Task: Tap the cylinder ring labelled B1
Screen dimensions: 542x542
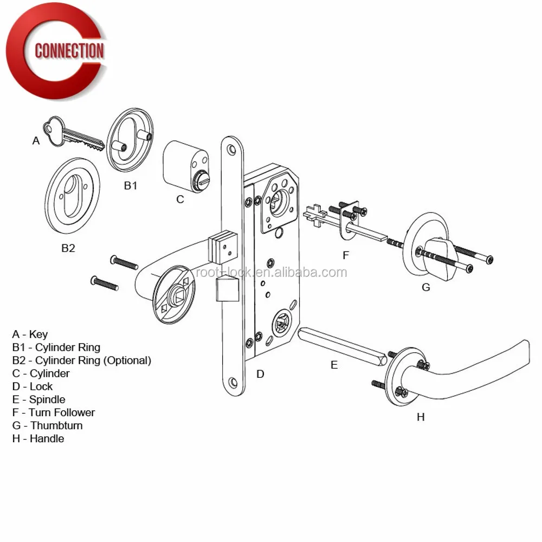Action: (130, 141)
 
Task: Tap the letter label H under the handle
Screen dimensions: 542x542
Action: (421, 417)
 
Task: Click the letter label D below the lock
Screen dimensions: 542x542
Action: (260, 374)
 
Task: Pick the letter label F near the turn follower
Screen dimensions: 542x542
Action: (346, 255)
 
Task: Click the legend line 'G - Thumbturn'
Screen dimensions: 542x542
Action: (47, 425)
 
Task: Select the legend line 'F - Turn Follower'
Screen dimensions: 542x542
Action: (53, 412)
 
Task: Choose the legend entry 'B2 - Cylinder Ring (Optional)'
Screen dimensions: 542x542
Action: (81, 360)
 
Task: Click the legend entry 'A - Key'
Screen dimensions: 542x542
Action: (30, 334)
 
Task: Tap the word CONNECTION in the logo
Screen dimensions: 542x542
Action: (69, 51)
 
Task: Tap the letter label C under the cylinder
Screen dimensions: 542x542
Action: (180, 199)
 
